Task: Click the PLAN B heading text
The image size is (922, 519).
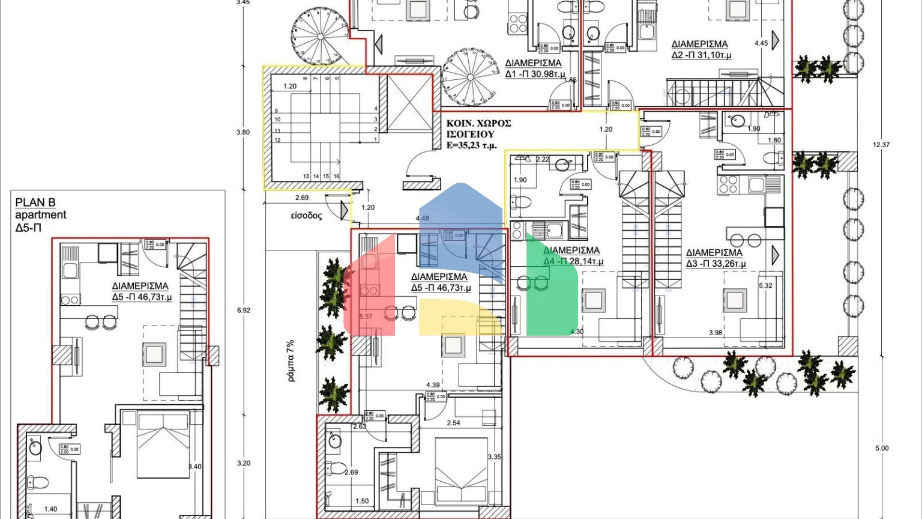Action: (35, 203)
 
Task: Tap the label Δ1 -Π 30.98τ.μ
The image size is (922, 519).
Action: (533, 74)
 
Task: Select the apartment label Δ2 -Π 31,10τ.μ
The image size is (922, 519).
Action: (701, 55)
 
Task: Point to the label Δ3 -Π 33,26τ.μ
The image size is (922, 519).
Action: (716, 264)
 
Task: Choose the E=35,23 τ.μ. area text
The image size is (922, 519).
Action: (472, 145)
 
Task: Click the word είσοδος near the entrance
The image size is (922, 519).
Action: (306, 216)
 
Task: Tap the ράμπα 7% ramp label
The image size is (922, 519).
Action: (291, 362)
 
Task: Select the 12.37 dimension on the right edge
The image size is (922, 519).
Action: (881, 145)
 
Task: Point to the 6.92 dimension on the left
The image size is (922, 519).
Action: (244, 311)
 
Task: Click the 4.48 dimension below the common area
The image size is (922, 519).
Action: (422, 219)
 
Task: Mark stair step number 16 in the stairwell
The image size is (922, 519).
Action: (337, 177)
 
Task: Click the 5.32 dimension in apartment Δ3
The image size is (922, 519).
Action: (765, 286)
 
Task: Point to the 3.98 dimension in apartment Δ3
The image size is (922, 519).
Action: (715, 333)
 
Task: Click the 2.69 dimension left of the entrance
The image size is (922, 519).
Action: (301, 198)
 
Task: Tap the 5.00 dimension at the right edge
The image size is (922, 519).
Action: (881, 448)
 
